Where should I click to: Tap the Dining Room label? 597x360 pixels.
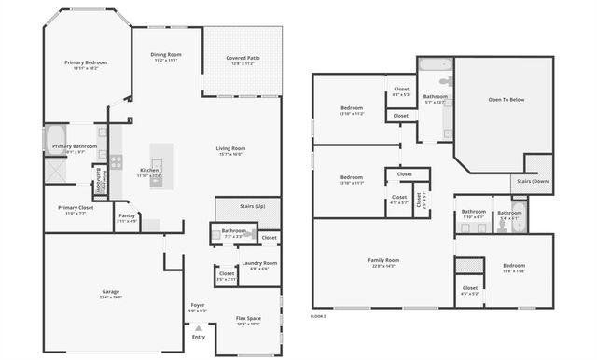pos(166,55)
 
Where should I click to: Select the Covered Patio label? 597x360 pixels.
pos(243,59)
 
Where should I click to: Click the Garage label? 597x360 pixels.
pos(110,292)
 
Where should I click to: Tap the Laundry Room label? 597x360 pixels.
pos(259,263)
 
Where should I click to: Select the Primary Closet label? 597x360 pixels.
pos(75,208)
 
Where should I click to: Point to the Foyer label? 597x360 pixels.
pos(198,305)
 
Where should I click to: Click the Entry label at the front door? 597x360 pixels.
pos(198,337)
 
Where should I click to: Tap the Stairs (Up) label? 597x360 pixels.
pos(253,206)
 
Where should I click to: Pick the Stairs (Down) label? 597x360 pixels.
pos(533,181)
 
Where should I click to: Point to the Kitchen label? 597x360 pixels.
pos(149,171)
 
